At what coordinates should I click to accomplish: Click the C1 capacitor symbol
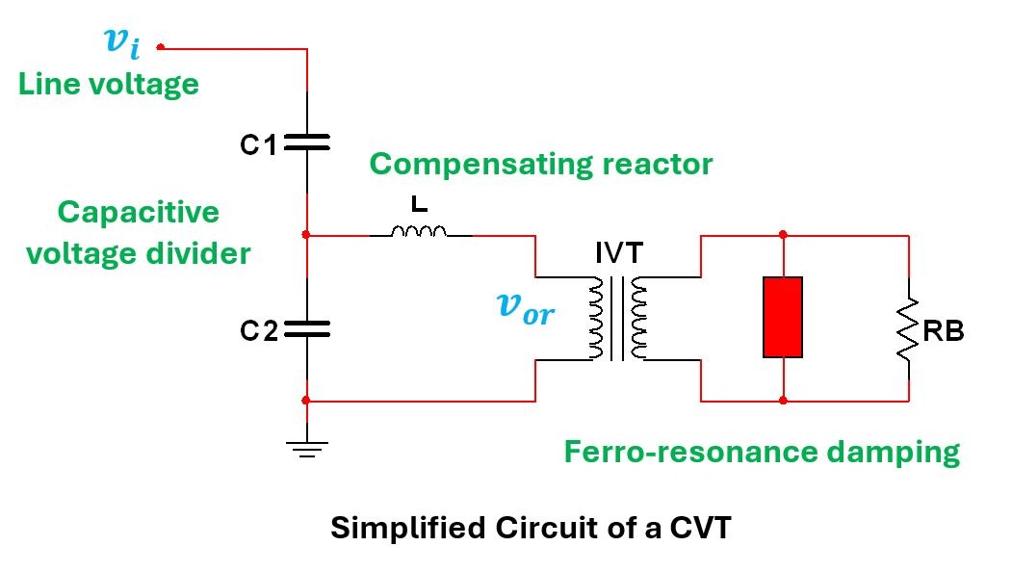307,143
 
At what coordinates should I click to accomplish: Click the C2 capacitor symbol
307,329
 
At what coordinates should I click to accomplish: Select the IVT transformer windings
617,319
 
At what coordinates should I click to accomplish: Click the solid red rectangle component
783,317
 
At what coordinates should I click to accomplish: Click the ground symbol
307,448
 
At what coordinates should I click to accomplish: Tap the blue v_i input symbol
121,41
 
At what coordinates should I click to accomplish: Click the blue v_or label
525,307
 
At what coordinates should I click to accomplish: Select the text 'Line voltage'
109,84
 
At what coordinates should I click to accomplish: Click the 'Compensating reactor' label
541,164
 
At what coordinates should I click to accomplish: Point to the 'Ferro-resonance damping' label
762,452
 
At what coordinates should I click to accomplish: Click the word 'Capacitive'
139,212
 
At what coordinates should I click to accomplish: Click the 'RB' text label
944,332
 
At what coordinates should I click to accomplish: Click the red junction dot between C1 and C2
306,234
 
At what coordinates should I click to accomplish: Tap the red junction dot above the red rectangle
783,234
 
